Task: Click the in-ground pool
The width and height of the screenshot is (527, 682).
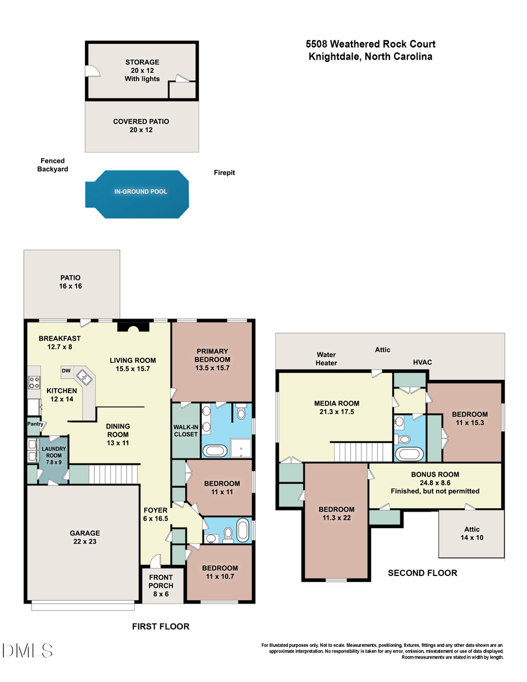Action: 141,193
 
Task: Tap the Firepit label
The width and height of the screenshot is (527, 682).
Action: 224,173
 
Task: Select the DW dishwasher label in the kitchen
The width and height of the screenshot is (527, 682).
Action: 66,371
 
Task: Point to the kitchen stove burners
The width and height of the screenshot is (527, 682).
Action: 33,382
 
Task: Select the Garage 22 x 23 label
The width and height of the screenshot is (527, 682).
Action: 85,537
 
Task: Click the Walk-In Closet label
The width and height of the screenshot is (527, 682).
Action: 186,430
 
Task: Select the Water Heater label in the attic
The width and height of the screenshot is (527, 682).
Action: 326,358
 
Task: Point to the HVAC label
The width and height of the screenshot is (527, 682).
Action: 422,362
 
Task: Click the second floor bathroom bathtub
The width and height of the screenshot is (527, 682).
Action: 406,454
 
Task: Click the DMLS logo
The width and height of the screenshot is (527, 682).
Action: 27,650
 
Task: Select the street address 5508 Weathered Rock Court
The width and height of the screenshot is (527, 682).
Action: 370,44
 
